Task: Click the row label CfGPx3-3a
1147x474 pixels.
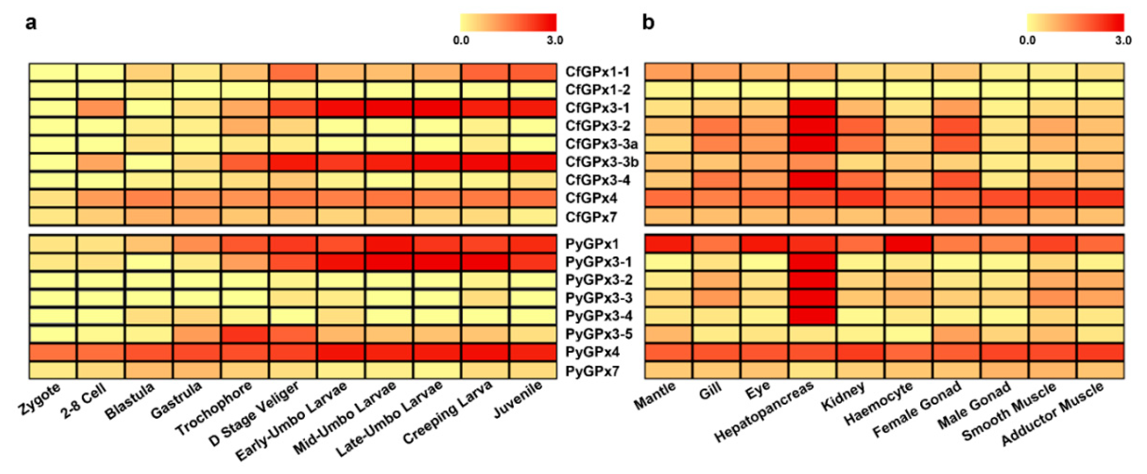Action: pyautogui.click(x=601, y=144)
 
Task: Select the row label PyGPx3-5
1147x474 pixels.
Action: pyautogui.click(x=599, y=334)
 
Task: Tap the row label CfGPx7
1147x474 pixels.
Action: pyautogui.click(x=591, y=217)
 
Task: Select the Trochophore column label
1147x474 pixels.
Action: pyautogui.click(x=214, y=408)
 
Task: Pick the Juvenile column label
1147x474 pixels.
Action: pyautogui.click(x=518, y=400)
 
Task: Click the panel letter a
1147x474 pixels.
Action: pyautogui.click(x=31, y=22)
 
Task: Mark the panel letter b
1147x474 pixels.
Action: pyautogui.click(x=648, y=22)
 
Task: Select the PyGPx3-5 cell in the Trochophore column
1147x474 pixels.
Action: pyautogui.click(x=245, y=334)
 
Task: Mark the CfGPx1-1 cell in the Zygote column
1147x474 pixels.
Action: pyautogui.click(x=53, y=72)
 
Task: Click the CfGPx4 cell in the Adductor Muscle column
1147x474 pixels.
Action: pyautogui.click(x=1100, y=198)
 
